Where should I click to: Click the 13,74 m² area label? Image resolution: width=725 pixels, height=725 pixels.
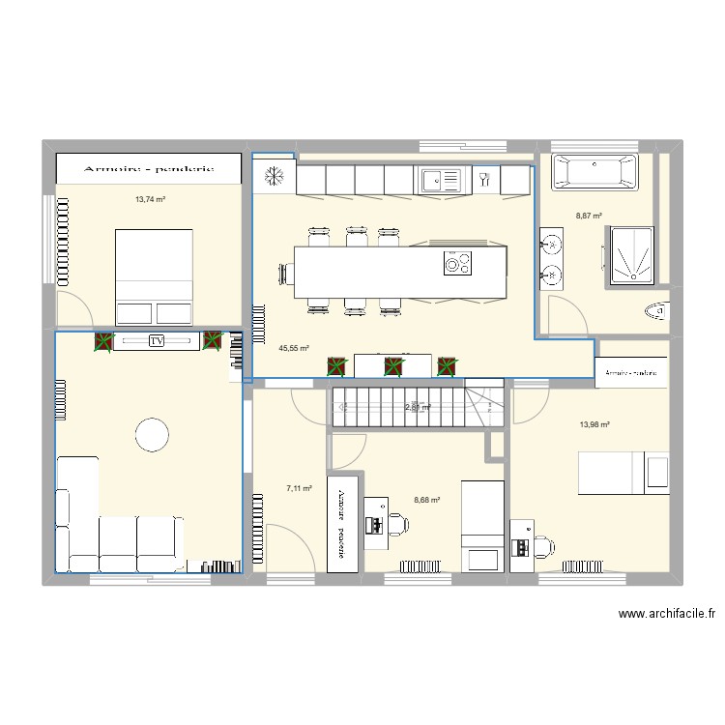pos(150,199)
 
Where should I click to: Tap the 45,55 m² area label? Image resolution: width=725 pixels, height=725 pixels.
pos(293,348)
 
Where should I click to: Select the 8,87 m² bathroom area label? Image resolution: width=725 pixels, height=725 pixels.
pos(589,217)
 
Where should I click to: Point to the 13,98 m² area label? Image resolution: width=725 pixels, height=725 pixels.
pos(594,423)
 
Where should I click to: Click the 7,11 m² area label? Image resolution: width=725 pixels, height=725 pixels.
pos(299,489)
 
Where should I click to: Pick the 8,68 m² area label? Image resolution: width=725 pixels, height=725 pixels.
pos(426,500)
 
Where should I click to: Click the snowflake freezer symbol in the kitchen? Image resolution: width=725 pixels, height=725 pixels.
pos(274,178)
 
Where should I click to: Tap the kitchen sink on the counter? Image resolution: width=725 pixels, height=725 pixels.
pos(442,179)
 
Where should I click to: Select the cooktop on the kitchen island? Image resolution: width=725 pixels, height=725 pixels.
pos(455,262)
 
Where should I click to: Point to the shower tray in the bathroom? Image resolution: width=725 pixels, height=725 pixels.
pos(631,256)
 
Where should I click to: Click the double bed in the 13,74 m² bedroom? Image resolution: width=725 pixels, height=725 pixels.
pos(155,276)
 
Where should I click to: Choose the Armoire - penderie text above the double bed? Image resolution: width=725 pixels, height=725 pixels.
pos(148,168)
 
